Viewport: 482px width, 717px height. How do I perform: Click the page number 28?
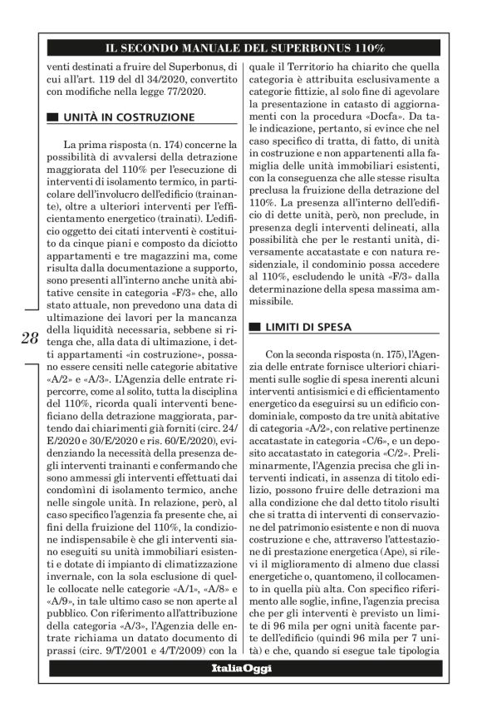(x=28, y=338)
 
